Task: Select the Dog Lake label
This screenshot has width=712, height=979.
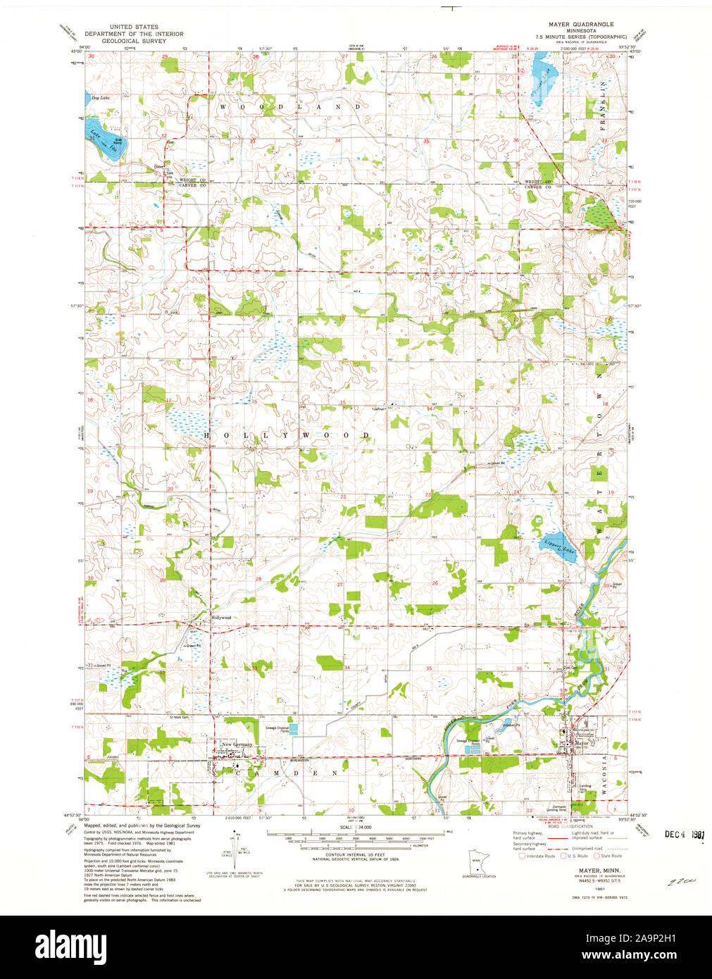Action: (100, 98)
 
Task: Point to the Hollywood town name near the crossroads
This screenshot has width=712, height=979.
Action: (221, 618)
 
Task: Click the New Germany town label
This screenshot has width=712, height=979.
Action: (236, 744)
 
